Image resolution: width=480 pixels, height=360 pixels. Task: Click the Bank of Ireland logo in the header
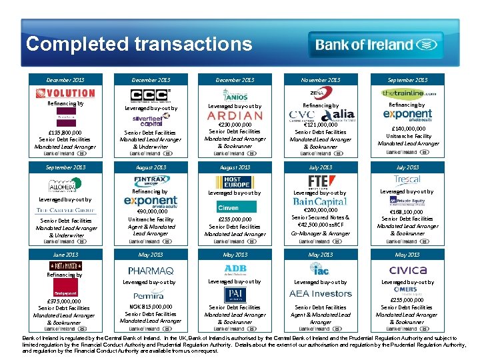[375, 45]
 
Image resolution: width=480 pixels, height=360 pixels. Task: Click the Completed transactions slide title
[139, 44]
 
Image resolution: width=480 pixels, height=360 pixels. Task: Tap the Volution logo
[65, 93]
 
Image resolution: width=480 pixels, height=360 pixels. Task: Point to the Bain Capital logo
[320, 201]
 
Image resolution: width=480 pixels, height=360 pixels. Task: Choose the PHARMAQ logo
[151, 271]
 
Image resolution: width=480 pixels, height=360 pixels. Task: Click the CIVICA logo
[407, 270]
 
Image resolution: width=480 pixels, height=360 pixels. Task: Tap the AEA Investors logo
[320, 294]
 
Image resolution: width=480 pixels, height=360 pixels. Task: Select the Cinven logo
[229, 207]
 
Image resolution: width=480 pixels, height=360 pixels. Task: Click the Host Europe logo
[234, 182]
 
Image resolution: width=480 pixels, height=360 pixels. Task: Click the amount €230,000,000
[235, 125]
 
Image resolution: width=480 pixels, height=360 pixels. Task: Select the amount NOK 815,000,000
[150, 307]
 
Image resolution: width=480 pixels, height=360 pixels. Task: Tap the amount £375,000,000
[64, 301]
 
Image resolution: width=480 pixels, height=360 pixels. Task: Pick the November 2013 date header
[321, 80]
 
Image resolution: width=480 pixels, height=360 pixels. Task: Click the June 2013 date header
[65, 255]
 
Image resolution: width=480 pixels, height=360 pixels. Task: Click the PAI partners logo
[235, 293]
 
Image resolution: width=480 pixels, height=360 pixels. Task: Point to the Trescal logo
[407, 179]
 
